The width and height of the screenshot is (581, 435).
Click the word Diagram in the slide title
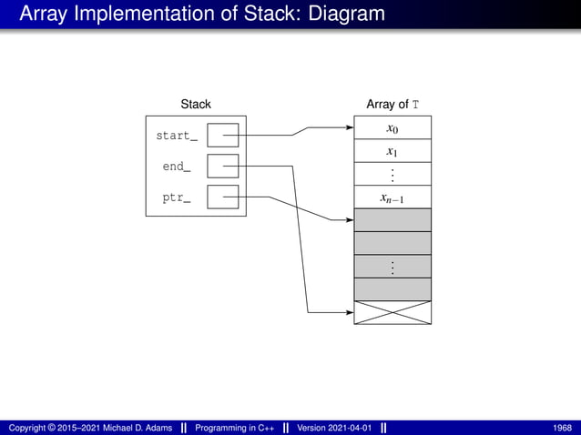pos(333,15)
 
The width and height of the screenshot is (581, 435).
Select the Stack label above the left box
pos(196,105)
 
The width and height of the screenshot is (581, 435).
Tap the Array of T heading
pos(392,105)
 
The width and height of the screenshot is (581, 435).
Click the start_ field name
pos(177,137)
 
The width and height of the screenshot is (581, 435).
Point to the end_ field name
pos(177,167)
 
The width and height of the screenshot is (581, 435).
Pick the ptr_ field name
pos(177,197)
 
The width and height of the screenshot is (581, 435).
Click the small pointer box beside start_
pos(222,136)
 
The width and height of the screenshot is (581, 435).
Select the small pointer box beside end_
pos(222,167)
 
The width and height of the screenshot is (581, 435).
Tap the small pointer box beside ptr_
pos(222,197)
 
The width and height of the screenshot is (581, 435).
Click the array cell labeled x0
pos(392,127)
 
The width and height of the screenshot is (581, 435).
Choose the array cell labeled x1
pos(392,151)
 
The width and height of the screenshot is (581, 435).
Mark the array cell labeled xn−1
pos(392,197)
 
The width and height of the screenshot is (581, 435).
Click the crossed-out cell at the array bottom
pos(392,312)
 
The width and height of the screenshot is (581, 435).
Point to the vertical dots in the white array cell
pos(392,174)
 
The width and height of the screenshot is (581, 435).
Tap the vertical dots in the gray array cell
pos(392,267)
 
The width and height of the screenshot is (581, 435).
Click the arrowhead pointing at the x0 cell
pos(349,128)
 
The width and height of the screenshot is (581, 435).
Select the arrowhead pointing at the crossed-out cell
pos(349,313)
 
